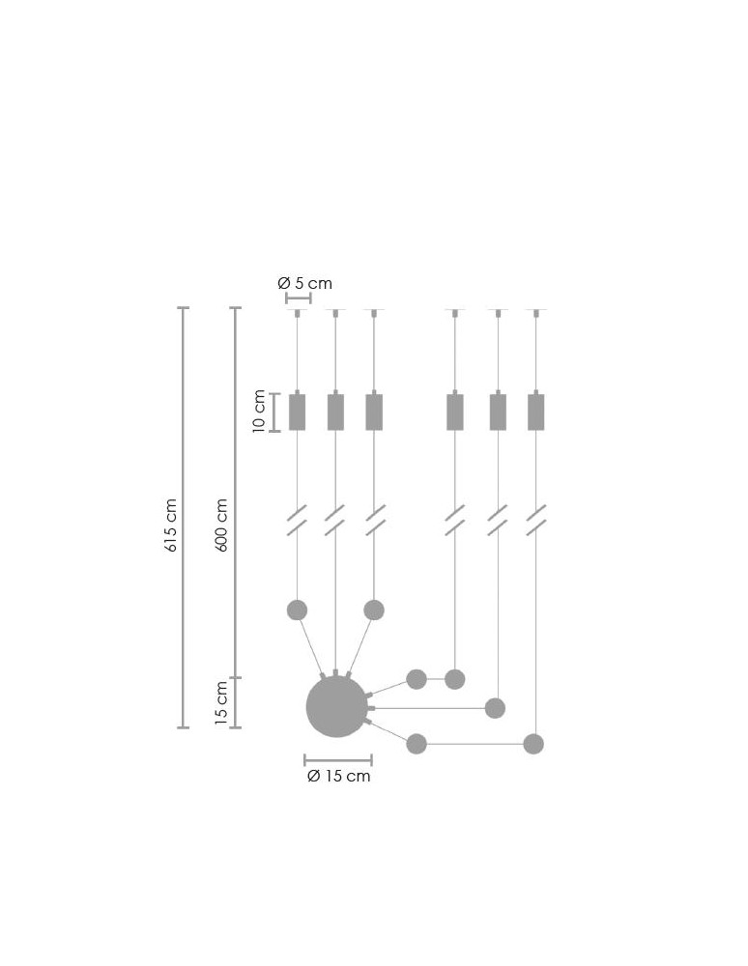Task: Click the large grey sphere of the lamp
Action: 337,707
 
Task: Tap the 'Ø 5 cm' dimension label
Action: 304,283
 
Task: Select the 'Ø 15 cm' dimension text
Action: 338,777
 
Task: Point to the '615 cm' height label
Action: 171,526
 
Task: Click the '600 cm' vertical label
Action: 221,526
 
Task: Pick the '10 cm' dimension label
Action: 259,412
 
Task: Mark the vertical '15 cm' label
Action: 221,703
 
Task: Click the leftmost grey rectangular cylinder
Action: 297,412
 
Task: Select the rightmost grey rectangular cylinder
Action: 535,412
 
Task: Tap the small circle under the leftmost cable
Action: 297,610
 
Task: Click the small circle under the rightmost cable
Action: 533,744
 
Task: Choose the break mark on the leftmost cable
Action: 297,520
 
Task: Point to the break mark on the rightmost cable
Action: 536,520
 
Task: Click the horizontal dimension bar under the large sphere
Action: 338,760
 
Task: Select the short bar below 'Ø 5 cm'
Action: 298,298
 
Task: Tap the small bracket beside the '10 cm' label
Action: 275,412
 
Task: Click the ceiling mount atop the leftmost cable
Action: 297,312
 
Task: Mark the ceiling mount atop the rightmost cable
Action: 536,312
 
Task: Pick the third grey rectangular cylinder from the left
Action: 374,412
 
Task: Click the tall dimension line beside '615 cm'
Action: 184,517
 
